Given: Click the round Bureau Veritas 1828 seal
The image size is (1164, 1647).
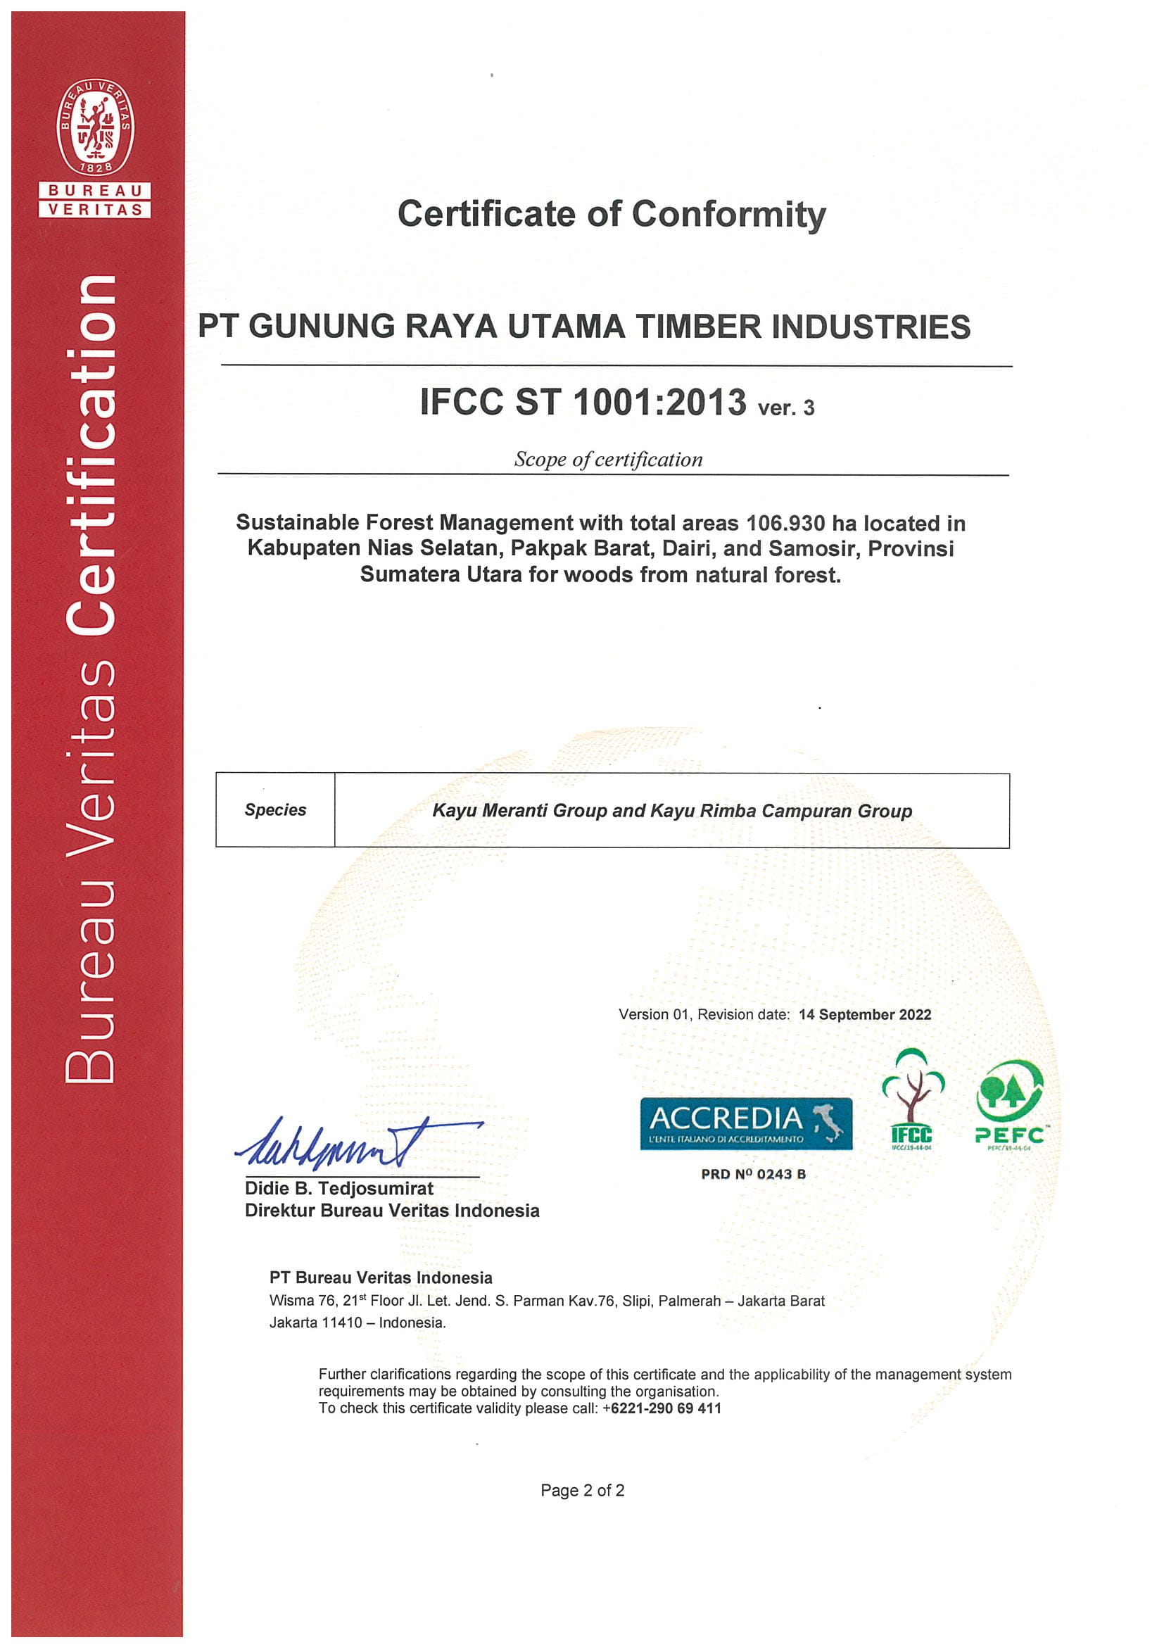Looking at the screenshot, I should (96, 127).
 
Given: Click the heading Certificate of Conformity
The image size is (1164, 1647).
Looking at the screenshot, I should (611, 214).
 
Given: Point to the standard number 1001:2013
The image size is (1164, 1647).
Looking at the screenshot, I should (660, 402).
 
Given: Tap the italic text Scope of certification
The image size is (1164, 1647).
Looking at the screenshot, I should (608, 459).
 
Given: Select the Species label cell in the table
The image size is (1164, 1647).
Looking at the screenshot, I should (275, 810).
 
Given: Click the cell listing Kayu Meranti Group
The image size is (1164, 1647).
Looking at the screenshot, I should (672, 811).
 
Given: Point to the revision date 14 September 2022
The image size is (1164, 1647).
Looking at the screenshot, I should (864, 1014).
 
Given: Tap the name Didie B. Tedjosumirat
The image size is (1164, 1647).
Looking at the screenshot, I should (339, 1188).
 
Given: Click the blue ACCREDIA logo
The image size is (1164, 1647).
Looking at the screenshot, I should (746, 1124).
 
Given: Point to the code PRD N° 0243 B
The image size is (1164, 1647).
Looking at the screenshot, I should (753, 1174).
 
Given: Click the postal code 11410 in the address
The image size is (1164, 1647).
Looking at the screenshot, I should (342, 1322).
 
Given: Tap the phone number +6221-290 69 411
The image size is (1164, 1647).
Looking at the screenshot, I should (662, 1408).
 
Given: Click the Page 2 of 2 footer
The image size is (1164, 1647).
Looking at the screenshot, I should (583, 1491).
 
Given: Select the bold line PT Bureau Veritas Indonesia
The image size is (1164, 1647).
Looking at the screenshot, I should (381, 1277).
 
